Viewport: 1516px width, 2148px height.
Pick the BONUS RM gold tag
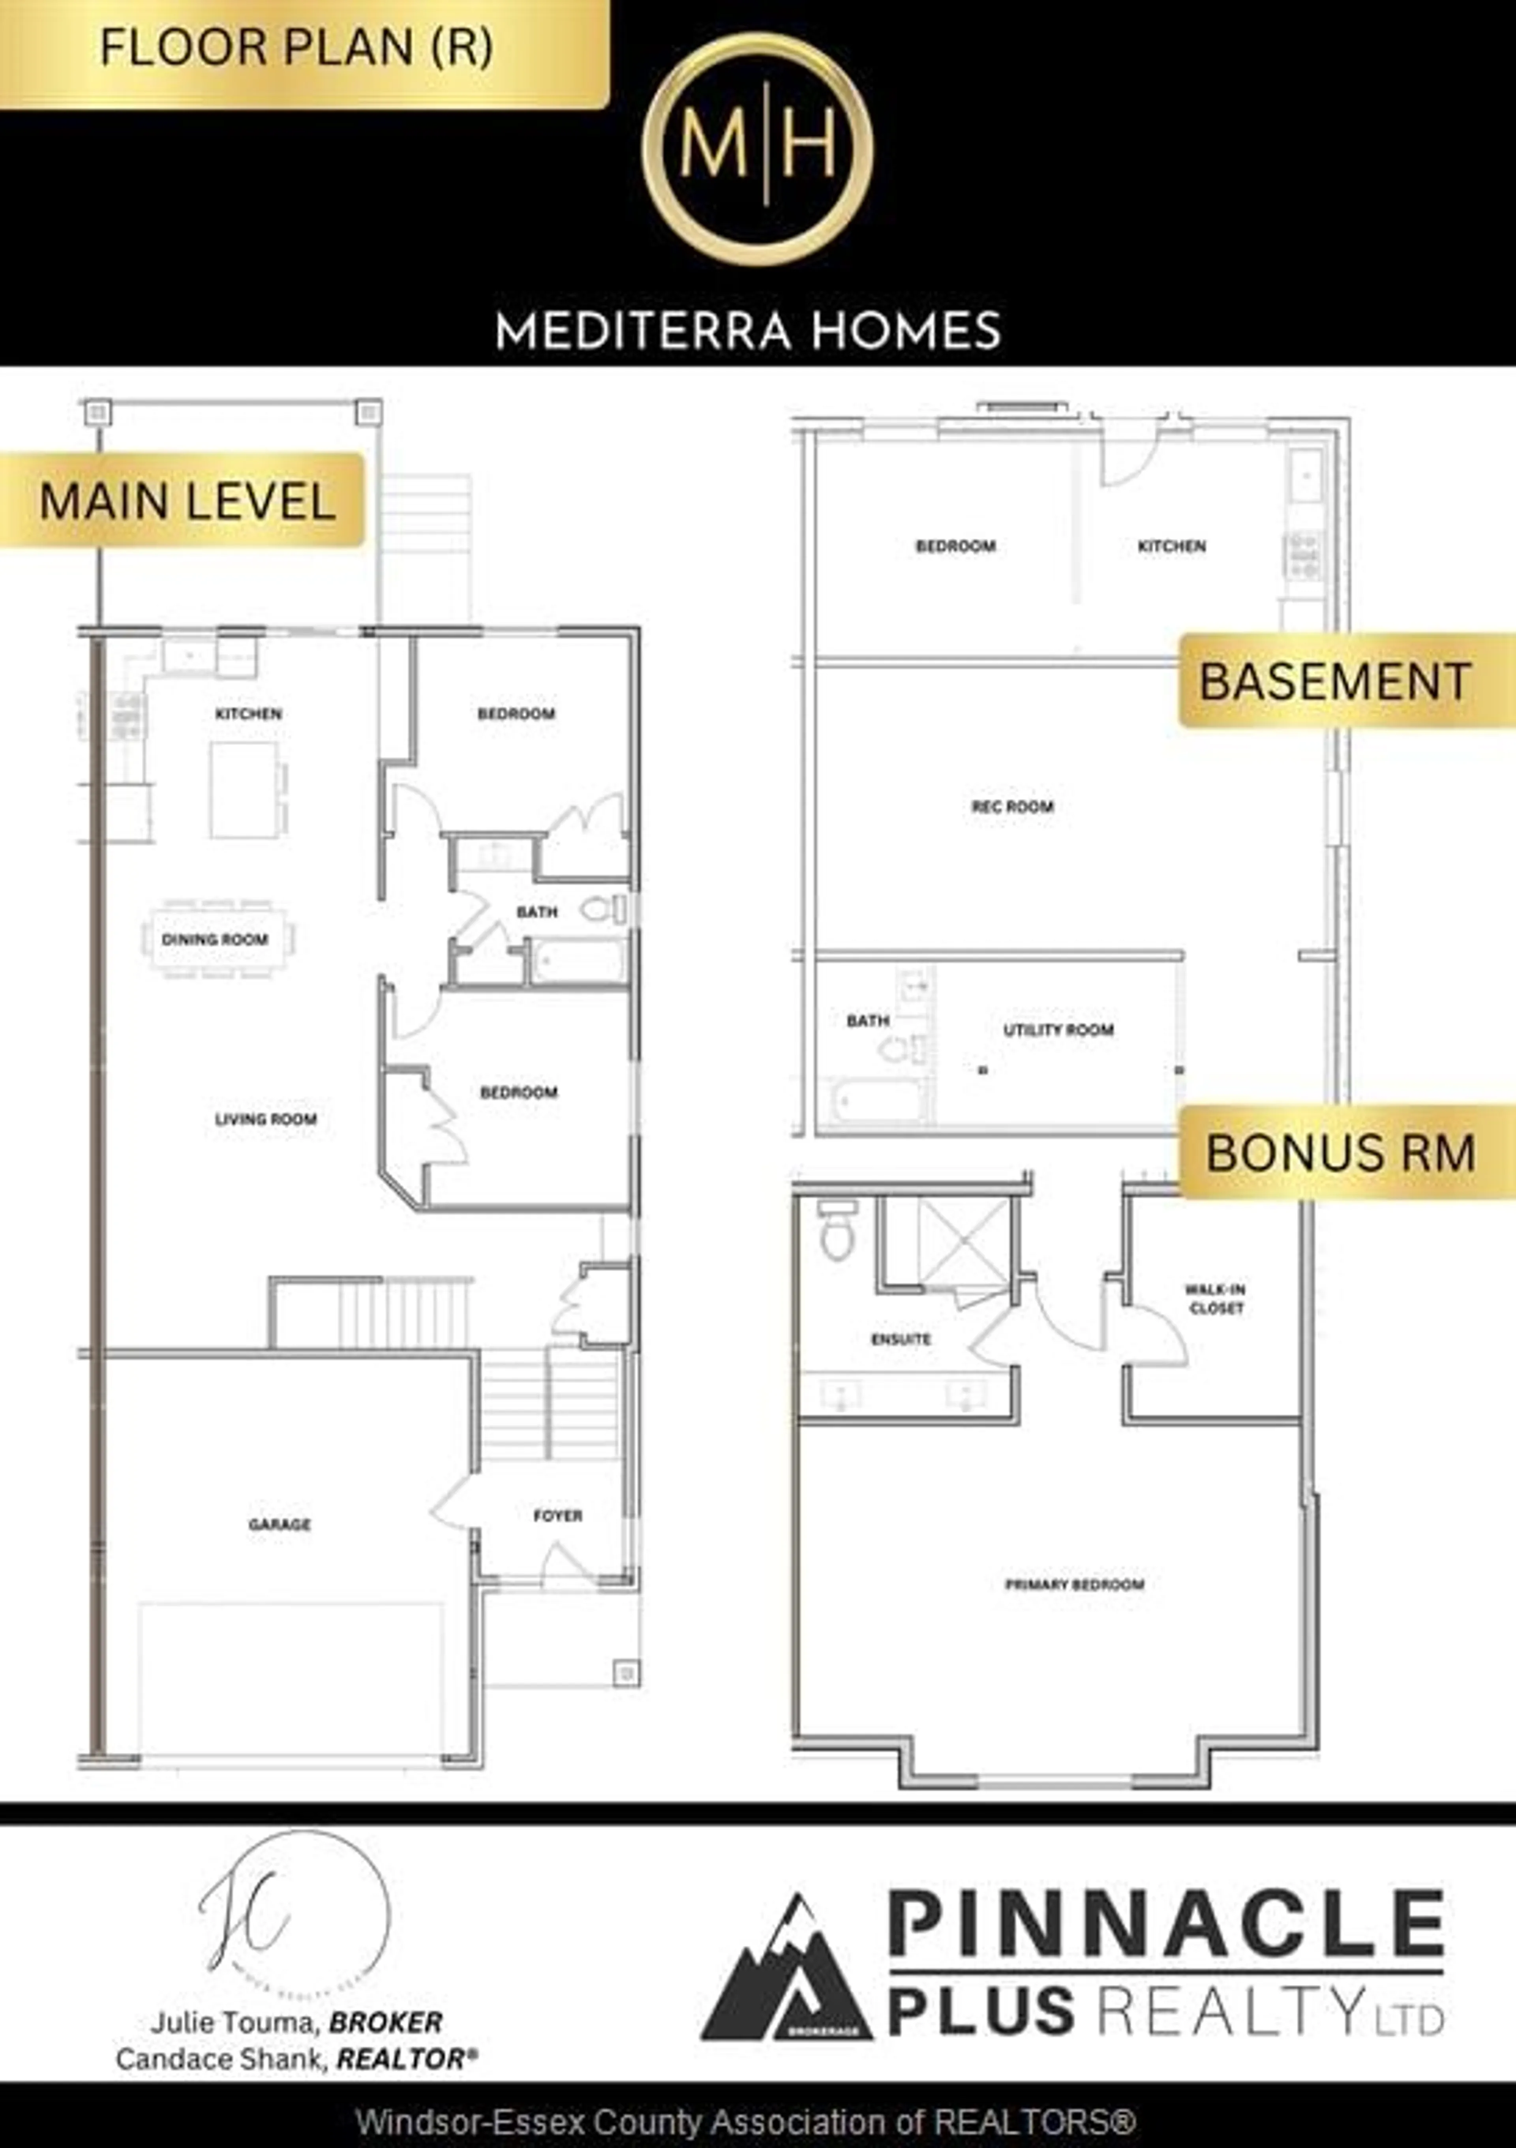[1340, 1152]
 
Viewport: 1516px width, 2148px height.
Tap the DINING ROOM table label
[215, 939]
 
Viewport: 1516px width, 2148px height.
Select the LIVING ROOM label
[266, 1119]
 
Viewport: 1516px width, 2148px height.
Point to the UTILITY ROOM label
[1058, 1030]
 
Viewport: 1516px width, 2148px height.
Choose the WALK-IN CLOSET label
[1216, 1298]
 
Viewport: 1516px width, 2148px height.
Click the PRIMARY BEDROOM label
[1074, 1584]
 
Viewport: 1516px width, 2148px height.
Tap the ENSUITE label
[901, 1339]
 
